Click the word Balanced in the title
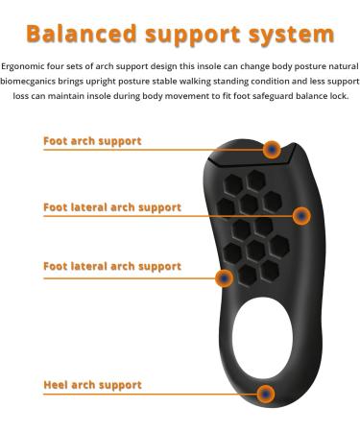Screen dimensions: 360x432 coord(81,35)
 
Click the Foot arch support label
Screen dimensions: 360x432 coord(92,141)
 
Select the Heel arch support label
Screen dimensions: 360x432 coord(92,385)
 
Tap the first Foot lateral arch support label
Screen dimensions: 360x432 coord(111,206)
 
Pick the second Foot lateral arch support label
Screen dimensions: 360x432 coord(111,266)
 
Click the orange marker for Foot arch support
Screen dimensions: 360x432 coord(272,149)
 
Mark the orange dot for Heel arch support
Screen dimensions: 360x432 coord(266,394)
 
